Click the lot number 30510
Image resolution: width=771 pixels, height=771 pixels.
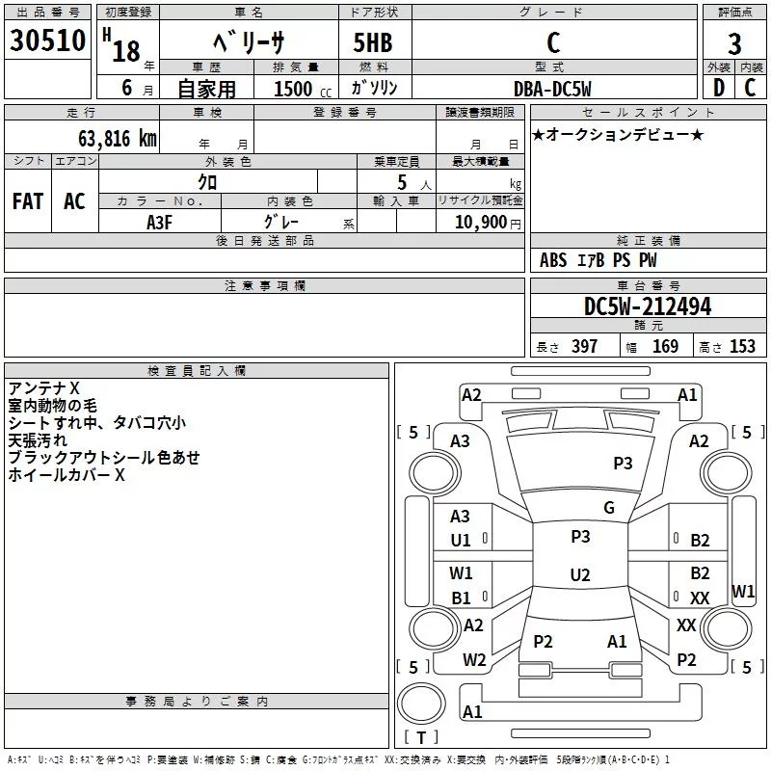pos(47,40)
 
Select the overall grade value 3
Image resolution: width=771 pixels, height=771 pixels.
pos(734,43)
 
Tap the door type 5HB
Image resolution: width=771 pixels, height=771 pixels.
pos(373,42)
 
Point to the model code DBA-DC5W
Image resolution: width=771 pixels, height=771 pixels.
pos(552,89)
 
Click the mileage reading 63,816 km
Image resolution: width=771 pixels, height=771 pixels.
pos(118,139)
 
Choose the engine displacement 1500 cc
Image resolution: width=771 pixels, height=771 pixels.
pos(303,89)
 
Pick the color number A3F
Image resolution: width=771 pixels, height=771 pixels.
pos(159,223)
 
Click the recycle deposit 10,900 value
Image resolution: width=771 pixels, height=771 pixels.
pos(480,222)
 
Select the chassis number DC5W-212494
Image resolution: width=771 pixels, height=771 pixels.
pos(648,306)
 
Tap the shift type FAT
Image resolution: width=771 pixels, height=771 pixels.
pos(28,201)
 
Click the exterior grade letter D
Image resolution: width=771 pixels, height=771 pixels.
pos(719,88)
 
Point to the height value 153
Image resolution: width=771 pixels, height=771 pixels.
pos(742,346)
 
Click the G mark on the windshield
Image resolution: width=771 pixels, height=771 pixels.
pos(609,508)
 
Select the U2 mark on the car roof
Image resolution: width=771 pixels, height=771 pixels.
pos(580,574)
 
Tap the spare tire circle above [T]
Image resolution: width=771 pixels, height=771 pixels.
pos(421,703)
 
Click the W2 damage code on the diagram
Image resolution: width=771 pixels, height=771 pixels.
pos(474,660)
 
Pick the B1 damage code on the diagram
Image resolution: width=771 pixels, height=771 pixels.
pos(461,598)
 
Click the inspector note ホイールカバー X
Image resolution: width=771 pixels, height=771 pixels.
pos(66,475)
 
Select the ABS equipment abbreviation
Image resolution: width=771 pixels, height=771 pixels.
pos(552,260)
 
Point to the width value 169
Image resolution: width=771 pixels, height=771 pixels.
pos(665,346)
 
